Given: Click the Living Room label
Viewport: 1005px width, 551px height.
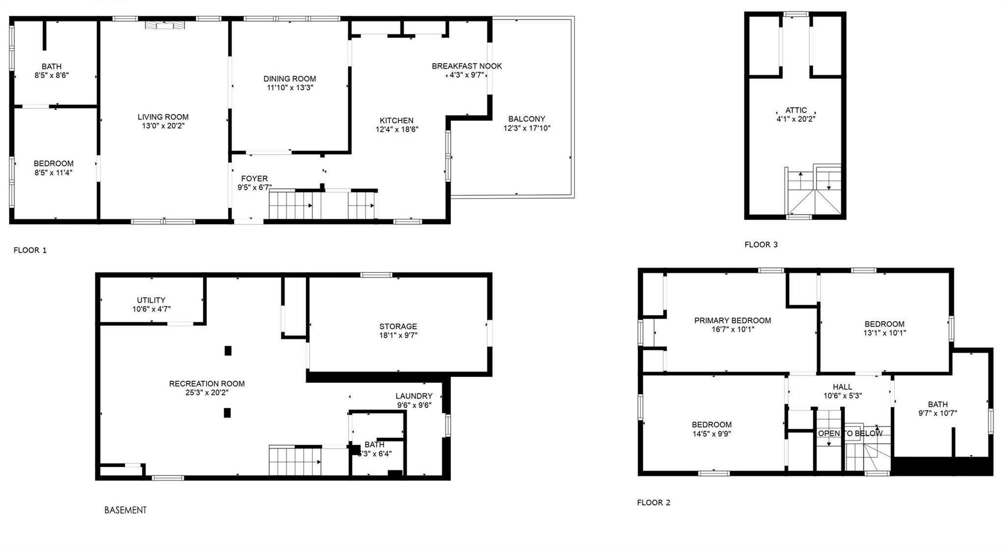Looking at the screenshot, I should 163,117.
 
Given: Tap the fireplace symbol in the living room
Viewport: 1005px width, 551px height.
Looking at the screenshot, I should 165,25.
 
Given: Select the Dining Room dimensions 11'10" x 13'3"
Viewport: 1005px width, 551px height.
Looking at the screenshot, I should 290,88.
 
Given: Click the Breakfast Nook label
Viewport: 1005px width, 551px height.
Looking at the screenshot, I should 467,66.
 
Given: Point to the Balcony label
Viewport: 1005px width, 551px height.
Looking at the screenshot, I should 527,119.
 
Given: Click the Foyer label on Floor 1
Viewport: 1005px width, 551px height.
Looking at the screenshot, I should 254,179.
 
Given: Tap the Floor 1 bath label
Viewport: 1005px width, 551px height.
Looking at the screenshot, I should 52,67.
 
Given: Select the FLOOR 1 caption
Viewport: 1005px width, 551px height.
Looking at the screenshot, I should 30,250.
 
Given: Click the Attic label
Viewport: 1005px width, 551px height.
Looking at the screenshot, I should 795,110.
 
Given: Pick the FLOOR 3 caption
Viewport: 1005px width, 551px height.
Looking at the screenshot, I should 761,245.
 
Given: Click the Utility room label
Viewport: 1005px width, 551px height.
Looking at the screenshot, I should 151,300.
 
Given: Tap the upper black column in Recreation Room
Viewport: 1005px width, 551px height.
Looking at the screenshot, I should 228,351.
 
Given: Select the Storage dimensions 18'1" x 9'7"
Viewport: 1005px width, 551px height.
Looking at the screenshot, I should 398,335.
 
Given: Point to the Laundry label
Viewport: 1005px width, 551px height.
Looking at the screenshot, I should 414,396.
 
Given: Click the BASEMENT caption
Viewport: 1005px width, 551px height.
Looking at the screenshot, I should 125,510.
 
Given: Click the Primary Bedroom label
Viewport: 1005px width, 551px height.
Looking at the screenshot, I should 732,321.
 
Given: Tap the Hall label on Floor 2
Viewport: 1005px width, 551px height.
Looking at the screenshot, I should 842,387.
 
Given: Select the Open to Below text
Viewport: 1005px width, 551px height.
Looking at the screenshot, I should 850,433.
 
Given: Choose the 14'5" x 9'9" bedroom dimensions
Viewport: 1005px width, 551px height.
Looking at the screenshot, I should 712,434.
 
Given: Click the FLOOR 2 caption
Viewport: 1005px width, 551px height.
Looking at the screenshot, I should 653,502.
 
